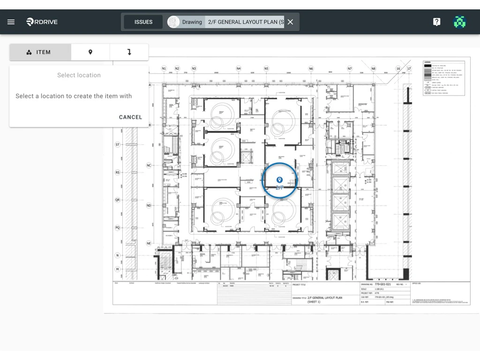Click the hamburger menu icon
[x=11, y=22]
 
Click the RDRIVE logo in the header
[x=42, y=22]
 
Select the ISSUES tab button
[x=143, y=22]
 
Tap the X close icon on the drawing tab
[x=290, y=22]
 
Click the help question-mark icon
[x=436, y=22]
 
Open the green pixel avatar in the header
[x=460, y=22]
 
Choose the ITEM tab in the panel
[x=40, y=52]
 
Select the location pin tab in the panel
[x=90, y=52]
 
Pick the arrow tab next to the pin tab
[x=129, y=52]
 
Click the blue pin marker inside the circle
[x=279, y=180]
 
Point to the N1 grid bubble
[x=164, y=68]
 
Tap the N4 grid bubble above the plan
[x=239, y=68]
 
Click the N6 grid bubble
[x=311, y=68]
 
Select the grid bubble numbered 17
[x=409, y=68]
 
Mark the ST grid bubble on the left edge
[x=118, y=145]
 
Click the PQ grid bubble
[x=118, y=227]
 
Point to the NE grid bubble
[x=149, y=243]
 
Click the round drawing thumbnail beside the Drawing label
[x=173, y=22]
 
